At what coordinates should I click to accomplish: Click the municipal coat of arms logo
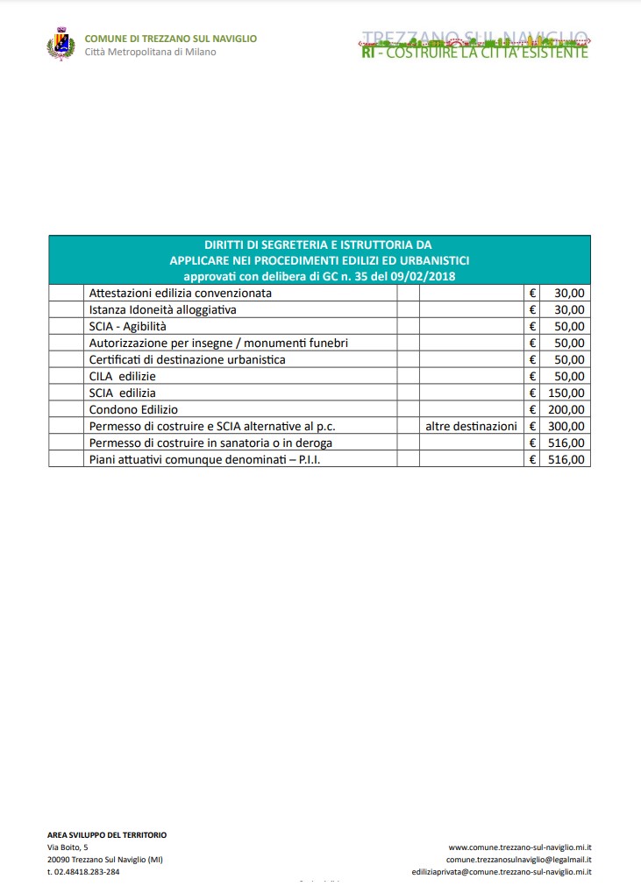[60, 45]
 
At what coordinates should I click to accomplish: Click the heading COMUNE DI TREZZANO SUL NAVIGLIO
[170, 39]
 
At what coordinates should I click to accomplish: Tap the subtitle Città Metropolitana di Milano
[150, 52]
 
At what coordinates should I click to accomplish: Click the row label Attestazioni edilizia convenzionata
[181, 293]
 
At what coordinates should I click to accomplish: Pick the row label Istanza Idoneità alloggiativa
[163, 309]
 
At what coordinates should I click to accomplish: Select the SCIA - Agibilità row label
[127, 326]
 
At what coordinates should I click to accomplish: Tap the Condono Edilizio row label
[133, 409]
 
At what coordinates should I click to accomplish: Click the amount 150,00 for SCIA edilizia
[566, 393]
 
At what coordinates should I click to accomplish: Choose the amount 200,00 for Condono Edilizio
[566, 409]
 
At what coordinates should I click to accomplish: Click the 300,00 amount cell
[566, 426]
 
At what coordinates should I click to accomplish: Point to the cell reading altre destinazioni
[471, 426]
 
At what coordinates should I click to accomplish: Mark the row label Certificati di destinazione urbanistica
[187, 359]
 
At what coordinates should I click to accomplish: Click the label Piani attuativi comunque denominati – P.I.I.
[204, 459]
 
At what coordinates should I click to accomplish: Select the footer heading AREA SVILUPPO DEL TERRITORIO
[107, 835]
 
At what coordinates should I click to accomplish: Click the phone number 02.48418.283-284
[83, 872]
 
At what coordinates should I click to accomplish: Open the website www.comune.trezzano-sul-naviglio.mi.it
[520, 847]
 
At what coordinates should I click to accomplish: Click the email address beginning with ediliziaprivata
[502, 872]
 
